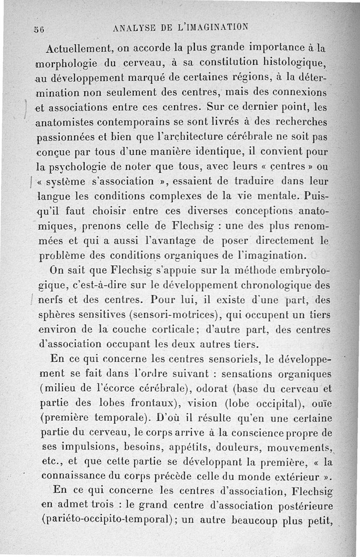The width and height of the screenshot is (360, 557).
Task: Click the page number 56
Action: pyautogui.click(x=38, y=30)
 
